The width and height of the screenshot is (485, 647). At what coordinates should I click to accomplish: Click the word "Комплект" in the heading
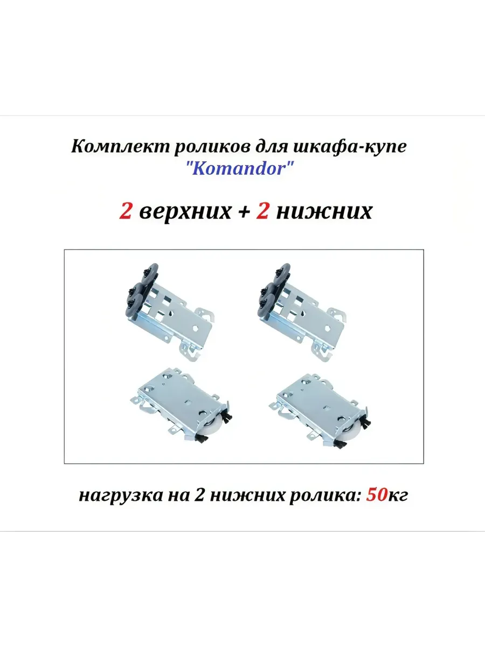120,147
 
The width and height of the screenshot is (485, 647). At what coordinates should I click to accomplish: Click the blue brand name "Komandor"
240,169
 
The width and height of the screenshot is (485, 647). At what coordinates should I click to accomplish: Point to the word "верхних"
185,211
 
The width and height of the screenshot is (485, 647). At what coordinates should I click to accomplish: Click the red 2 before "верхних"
125,210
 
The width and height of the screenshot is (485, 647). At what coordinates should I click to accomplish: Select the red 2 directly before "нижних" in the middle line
262,210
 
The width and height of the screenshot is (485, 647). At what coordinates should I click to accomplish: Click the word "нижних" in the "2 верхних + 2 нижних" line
324,211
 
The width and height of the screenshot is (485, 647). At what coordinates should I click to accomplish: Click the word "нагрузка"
121,496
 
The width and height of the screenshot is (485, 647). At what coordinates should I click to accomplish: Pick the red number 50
377,495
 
